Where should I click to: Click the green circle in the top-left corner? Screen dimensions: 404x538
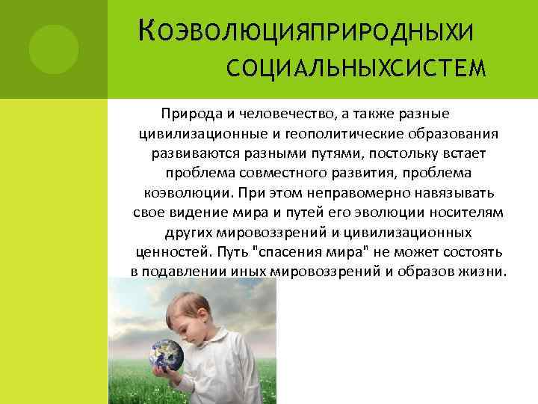[x=54, y=48]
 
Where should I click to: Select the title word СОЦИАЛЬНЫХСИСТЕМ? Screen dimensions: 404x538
[x=355, y=70]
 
